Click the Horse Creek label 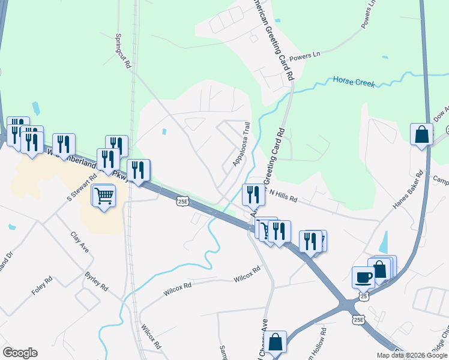coord(354,82)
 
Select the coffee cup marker coord(363,277)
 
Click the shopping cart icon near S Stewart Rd coord(104,196)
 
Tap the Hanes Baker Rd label coord(409,190)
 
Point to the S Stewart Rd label coord(82,188)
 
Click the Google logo coord(20,353)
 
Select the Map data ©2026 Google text coord(411,355)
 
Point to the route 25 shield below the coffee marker coord(364,296)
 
